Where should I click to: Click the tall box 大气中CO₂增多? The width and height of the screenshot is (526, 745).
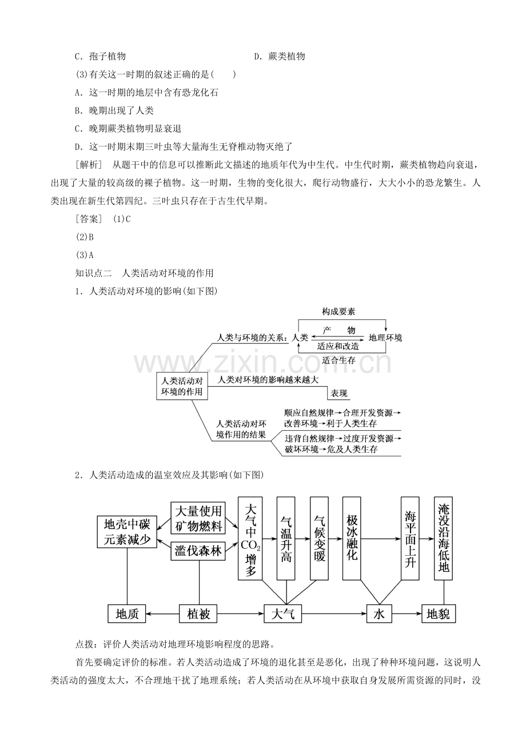[250, 538]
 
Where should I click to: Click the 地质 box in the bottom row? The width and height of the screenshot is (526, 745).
[127, 614]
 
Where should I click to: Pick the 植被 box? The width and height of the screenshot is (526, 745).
[199, 614]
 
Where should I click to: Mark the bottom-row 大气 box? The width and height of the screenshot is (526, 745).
[283, 614]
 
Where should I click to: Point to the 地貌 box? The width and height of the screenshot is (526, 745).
[439, 614]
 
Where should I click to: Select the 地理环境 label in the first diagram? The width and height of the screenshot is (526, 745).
[385, 338]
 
